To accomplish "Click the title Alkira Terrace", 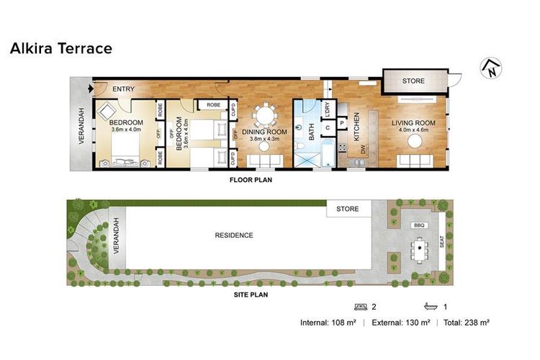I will tap(60, 48).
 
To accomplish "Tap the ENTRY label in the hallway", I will tap(124, 89).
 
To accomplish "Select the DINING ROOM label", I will tap(264, 132).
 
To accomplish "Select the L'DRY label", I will tap(327, 109).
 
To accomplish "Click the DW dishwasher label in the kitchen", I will tap(363, 149).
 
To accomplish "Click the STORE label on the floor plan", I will tap(413, 81).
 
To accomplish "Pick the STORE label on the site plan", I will tap(348, 210).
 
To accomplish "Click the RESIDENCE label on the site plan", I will tap(234, 235).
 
